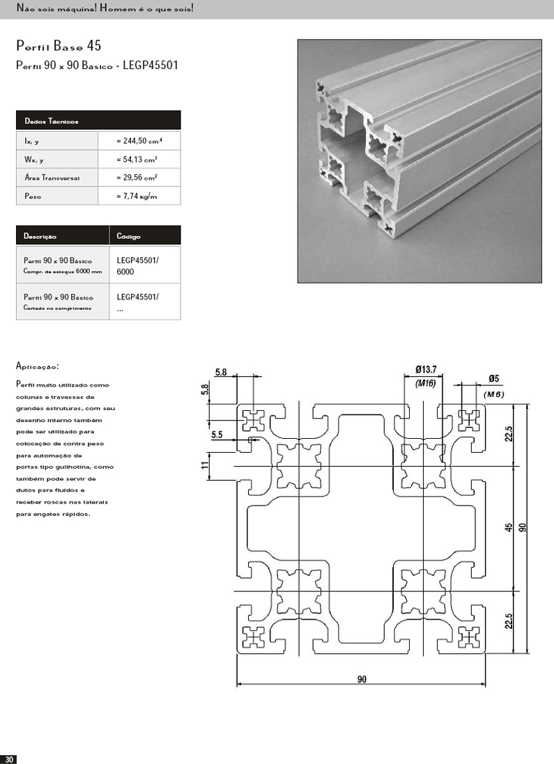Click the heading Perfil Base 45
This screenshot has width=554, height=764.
coord(59,47)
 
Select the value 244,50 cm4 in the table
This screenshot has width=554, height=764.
coord(139,141)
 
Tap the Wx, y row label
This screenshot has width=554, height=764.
coord(33,159)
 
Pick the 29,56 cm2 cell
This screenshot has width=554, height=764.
coord(137,178)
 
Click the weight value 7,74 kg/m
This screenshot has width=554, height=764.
coord(137,196)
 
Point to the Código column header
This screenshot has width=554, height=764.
coord(129,236)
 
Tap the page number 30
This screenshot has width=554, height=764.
coord(9,758)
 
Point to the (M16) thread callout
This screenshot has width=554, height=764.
coord(425,383)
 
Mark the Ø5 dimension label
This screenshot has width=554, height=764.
coord(493,379)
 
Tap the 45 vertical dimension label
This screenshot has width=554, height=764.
coord(509,528)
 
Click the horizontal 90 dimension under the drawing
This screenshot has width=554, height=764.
coord(362,679)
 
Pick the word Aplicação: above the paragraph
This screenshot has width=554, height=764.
coord(37,366)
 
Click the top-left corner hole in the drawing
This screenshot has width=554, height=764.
coord(252,419)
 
